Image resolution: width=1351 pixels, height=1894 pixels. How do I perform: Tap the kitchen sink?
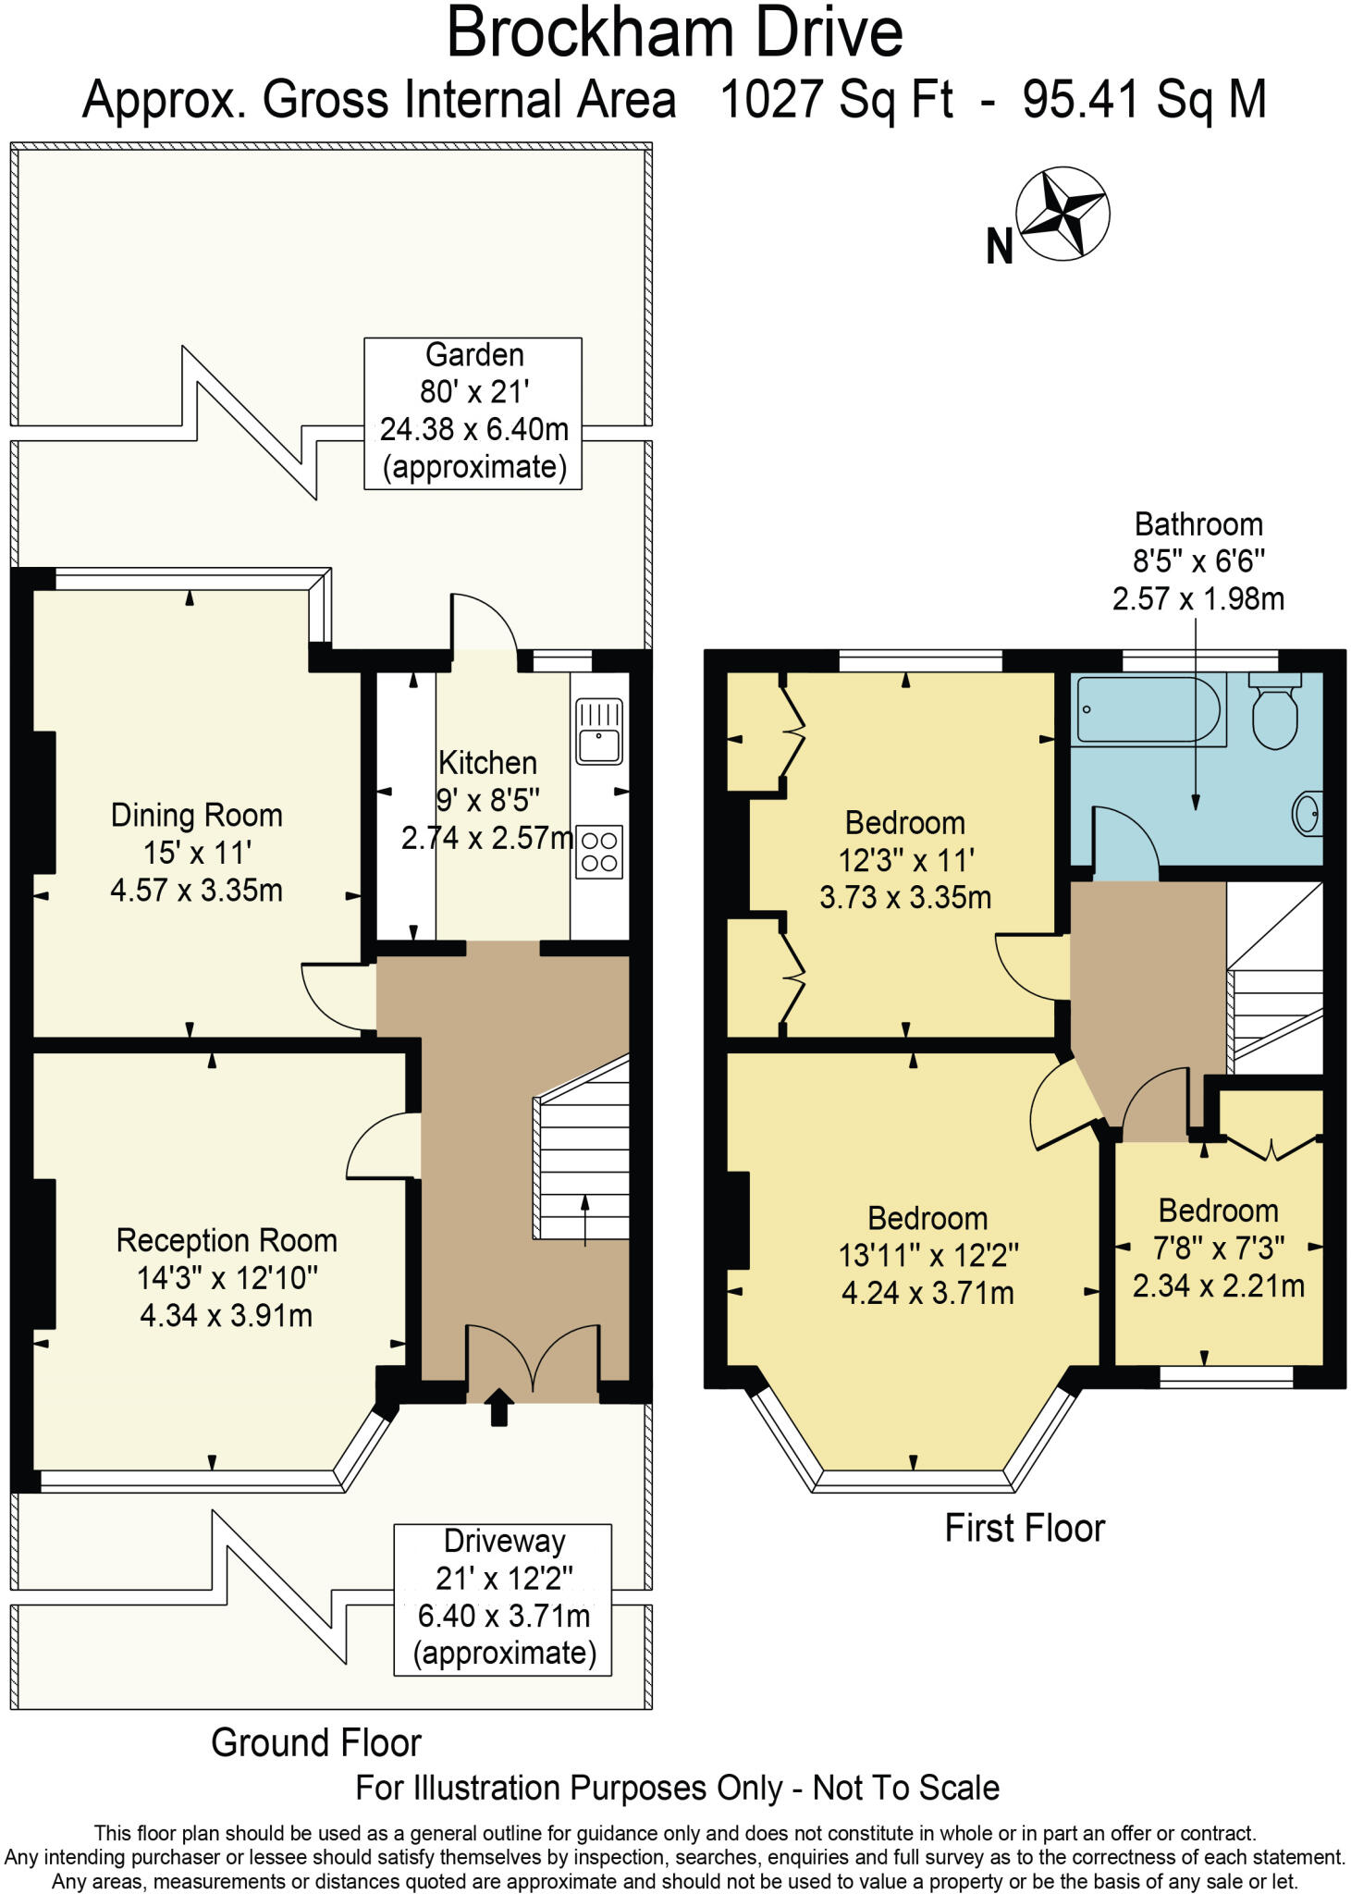point(599,732)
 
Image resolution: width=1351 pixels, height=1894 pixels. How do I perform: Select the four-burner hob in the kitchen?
point(599,852)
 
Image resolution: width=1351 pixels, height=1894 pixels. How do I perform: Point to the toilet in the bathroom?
point(1275,710)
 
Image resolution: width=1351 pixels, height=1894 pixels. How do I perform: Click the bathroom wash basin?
point(1308,813)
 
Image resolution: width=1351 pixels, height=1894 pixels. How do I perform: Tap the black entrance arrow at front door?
point(499,1407)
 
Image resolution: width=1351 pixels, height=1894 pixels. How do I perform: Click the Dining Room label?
point(196,816)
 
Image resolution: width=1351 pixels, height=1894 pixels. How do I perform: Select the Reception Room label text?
point(227,1240)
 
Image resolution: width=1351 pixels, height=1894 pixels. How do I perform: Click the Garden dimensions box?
point(473,412)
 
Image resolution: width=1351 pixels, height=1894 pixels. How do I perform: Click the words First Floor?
point(1025,1528)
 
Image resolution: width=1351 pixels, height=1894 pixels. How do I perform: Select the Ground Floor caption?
point(316,1742)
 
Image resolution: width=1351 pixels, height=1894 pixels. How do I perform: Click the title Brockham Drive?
point(674,33)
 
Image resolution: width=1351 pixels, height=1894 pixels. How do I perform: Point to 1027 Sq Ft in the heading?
point(836,100)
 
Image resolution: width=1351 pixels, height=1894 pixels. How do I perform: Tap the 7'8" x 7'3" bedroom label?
point(1219,1248)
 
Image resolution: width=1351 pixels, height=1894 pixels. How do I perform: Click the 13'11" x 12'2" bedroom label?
point(927,1256)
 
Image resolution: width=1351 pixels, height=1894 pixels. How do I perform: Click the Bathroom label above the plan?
point(1198,524)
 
